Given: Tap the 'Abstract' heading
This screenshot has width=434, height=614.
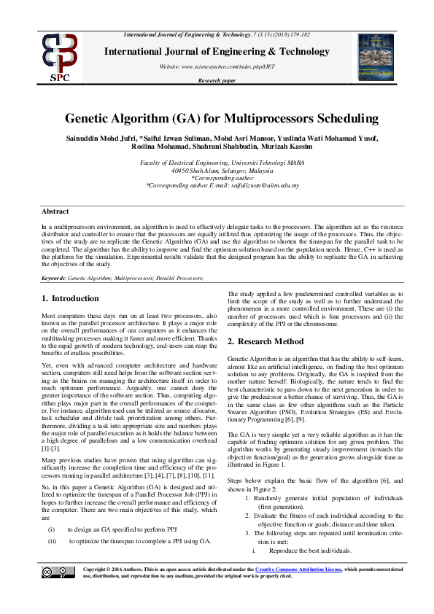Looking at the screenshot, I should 55,191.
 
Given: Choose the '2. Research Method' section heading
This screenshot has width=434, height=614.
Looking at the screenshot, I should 266,341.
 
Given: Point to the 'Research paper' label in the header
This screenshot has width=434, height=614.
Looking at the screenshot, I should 217,81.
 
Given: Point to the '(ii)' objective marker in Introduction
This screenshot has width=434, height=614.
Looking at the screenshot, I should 53,521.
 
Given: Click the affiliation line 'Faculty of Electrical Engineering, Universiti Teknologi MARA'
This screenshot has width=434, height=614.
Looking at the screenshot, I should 217,163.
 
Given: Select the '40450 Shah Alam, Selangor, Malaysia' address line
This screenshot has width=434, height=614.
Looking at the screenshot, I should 217,171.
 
